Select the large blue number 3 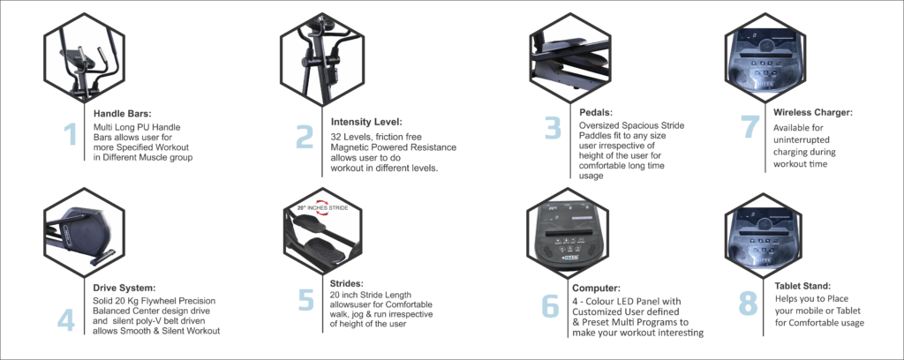coord(553,129)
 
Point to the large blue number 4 coord(65,321)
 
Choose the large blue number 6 coord(551,307)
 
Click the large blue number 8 coord(748,304)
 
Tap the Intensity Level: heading coord(366,122)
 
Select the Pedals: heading coord(596,113)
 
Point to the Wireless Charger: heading coord(813,112)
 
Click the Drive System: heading coord(124,288)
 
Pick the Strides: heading coord(346,283)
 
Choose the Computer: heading coord(596,288)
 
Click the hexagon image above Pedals coord(570,57)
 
